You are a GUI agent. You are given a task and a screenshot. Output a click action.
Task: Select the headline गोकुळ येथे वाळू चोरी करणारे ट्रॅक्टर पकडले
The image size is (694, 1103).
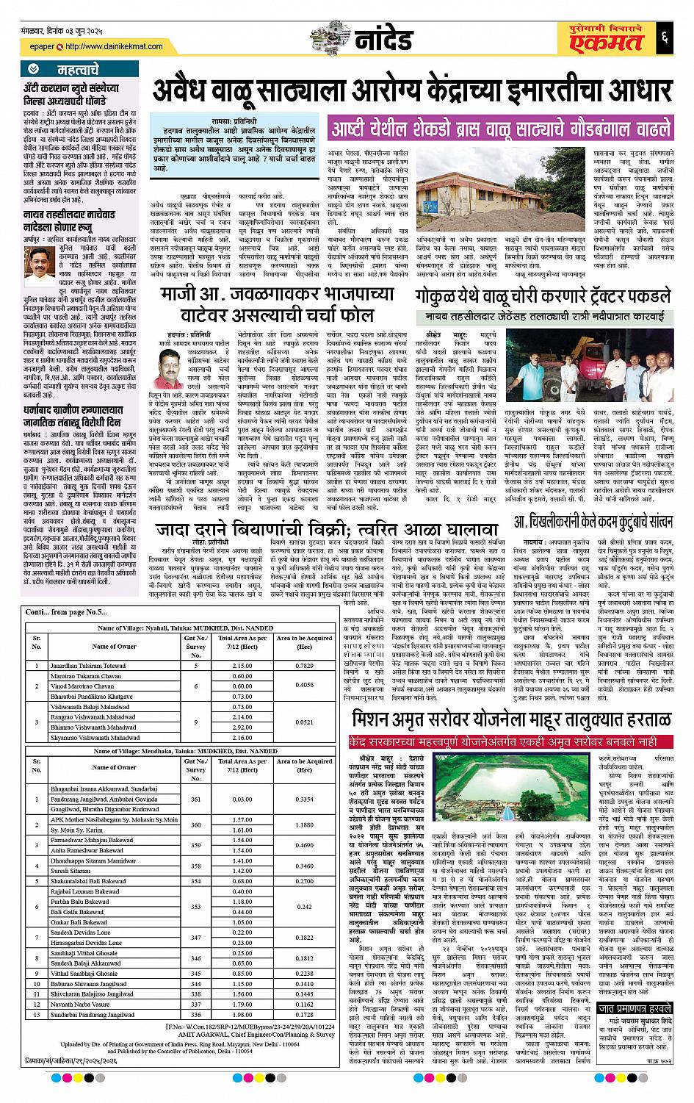[542, 299]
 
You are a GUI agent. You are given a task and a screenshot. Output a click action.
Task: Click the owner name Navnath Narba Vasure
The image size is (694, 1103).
[79, 1004]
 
